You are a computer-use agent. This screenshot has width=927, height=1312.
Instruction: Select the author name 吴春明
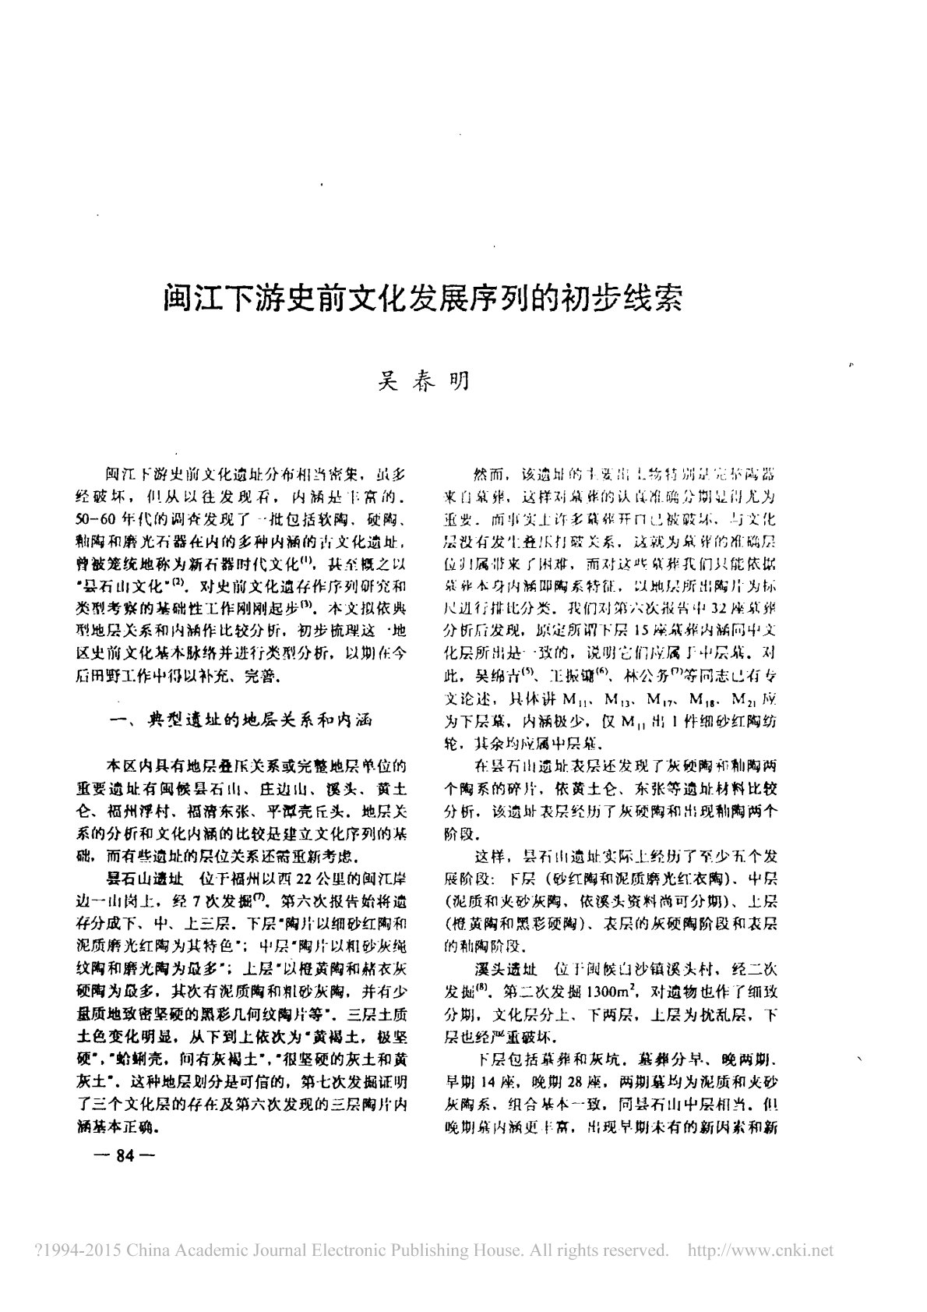pyautogui.click(x=422, y=382)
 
